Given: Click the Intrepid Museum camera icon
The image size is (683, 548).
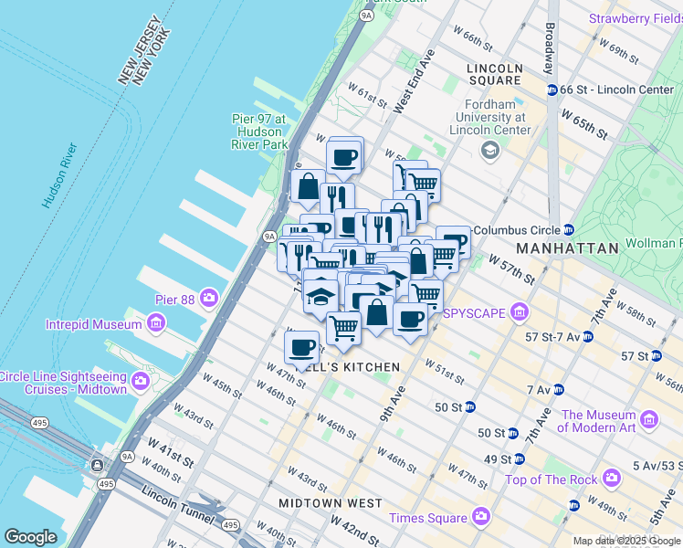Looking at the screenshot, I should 155,323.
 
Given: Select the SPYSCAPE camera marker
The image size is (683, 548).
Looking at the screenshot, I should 520,312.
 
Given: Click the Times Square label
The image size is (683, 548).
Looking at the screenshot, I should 427,518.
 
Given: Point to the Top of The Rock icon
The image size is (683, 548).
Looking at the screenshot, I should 612,479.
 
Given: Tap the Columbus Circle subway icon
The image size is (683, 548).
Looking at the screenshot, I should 569,229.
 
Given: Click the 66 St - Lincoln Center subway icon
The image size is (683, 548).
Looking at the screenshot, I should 552,90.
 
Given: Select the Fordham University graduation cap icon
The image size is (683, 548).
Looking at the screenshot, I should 490,149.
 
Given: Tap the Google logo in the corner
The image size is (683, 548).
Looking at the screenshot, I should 30,537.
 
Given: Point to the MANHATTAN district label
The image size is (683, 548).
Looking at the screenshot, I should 567,248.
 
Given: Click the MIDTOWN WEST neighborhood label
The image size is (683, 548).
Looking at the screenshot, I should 331,503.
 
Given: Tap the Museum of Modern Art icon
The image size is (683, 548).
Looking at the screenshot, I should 649,419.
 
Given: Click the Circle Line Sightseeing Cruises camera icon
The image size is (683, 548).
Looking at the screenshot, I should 142,379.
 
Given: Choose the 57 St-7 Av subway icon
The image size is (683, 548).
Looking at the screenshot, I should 587,337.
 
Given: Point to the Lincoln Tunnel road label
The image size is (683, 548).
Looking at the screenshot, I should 173,499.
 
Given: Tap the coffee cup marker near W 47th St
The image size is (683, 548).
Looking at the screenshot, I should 302,347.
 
